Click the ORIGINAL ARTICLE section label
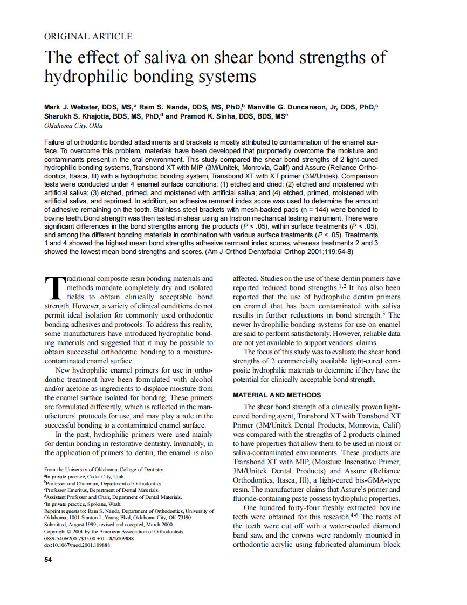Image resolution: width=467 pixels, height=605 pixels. [88, 37]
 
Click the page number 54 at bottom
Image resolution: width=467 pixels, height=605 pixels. [47, 559]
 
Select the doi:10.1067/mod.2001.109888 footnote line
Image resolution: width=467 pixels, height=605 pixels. [77, 545]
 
